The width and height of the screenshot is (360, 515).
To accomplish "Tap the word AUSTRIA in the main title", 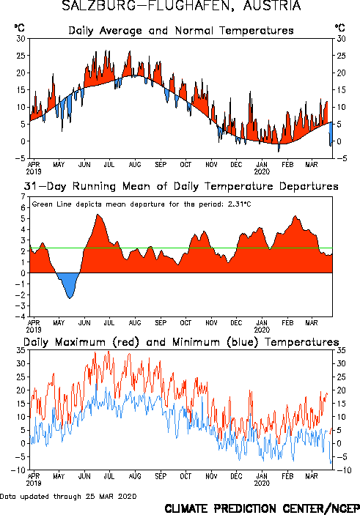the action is coord(272,5).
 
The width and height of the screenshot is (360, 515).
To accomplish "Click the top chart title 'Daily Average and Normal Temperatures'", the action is coord(181,31).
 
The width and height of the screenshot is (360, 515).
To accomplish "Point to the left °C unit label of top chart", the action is coord(19,28).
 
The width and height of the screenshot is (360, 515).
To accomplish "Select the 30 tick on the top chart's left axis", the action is coord(21,39).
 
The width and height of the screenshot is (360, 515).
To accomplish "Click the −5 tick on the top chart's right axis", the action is coord(341,158).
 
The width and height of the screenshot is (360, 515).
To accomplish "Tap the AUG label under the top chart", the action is coord(135,165).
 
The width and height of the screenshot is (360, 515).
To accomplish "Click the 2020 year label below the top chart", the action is coord(262,171).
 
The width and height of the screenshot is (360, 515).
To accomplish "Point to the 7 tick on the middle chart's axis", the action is coord(23,197).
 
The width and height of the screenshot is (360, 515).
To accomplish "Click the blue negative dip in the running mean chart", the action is coord(68,284).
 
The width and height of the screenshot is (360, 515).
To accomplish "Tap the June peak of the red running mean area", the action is coord(98,215).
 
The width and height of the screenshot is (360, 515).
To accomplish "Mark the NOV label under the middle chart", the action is coord(211,323).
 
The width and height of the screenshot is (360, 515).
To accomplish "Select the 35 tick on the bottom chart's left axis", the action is coord(21,350).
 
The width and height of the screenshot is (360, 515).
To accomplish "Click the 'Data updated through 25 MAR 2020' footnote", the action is coord(68,496).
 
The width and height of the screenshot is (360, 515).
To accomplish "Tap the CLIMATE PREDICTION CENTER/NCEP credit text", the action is coord(262,508).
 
